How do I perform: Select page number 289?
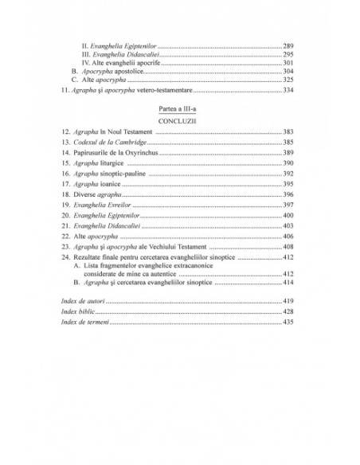tap(288, 46)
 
